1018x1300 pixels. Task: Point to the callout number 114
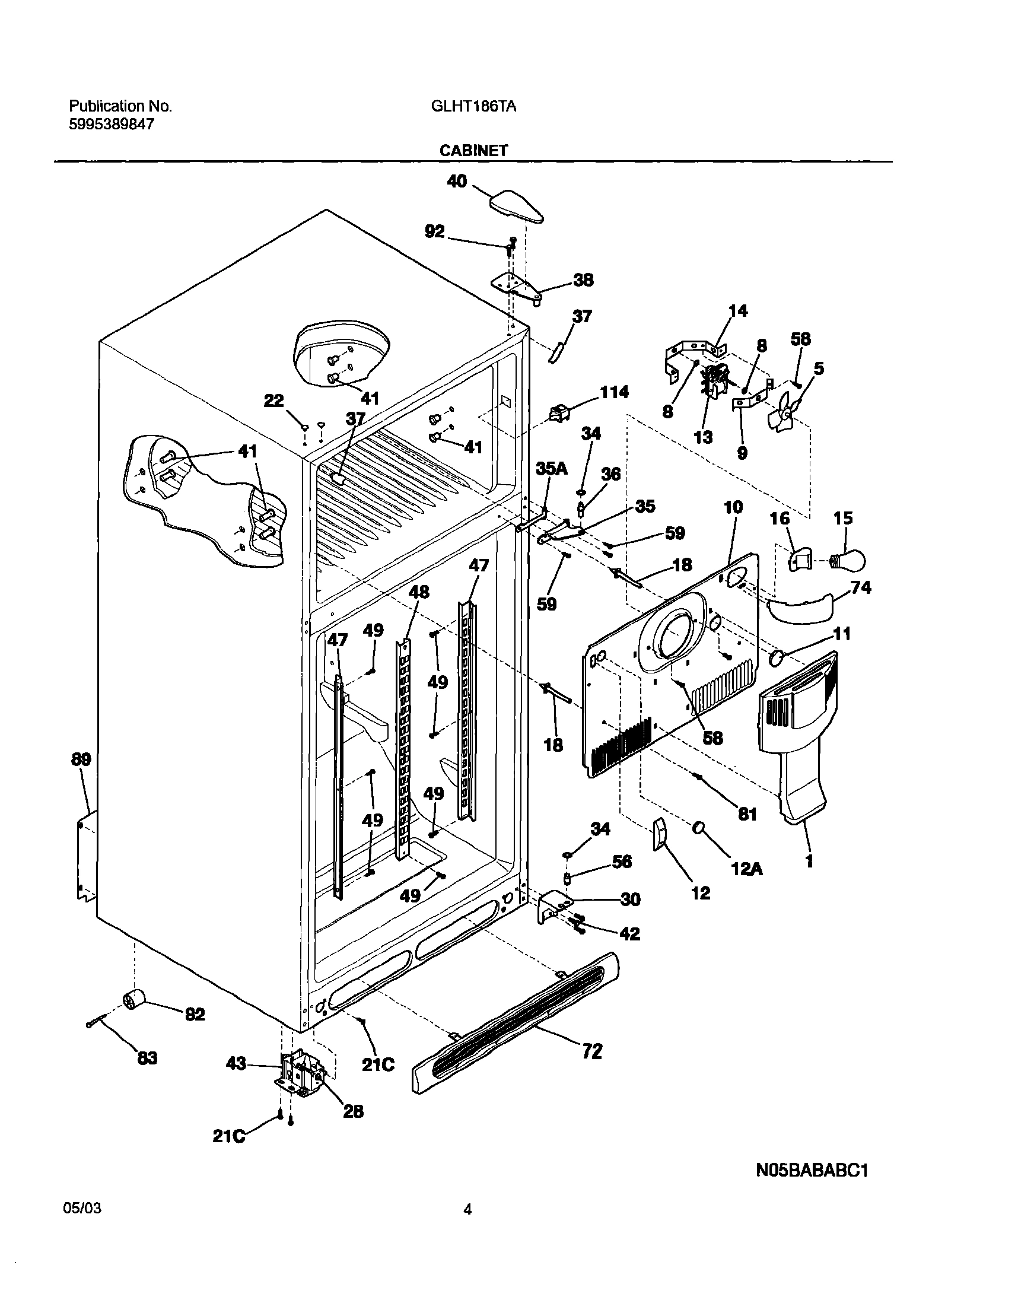(x=614, y=392)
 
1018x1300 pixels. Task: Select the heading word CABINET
(x=473, y=151)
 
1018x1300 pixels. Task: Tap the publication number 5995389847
(x=112, y=124)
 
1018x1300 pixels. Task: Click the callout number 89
(x=82, y=759)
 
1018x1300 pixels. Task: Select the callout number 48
(x=419, y=592)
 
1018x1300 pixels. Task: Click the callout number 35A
(x=551, y=469)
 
